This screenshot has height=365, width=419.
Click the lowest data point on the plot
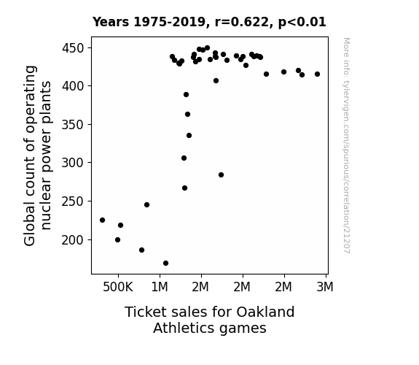(165, 264)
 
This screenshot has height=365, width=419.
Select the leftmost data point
(102, 220)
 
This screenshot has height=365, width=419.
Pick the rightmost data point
(317, 74)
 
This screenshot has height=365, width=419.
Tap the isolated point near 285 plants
(221, 175)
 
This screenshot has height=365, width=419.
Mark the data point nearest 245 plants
(146, 205)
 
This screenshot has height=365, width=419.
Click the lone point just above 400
(216, 81)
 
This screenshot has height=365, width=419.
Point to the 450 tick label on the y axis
(73, 48)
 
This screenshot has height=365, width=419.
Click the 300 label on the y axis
(73, 163)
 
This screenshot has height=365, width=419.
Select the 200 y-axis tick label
(73, 240)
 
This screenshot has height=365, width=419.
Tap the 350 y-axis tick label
(73, 125)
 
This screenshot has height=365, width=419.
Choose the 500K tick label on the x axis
(118, 287)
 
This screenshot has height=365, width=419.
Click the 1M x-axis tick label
(160, 287)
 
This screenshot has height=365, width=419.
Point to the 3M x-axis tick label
(325, 287)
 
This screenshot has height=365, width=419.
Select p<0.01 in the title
(302, 22)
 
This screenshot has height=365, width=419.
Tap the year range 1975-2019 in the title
(170, 22)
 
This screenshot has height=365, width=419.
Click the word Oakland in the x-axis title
(265, 312)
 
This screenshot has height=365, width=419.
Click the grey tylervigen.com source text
(346, 145)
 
